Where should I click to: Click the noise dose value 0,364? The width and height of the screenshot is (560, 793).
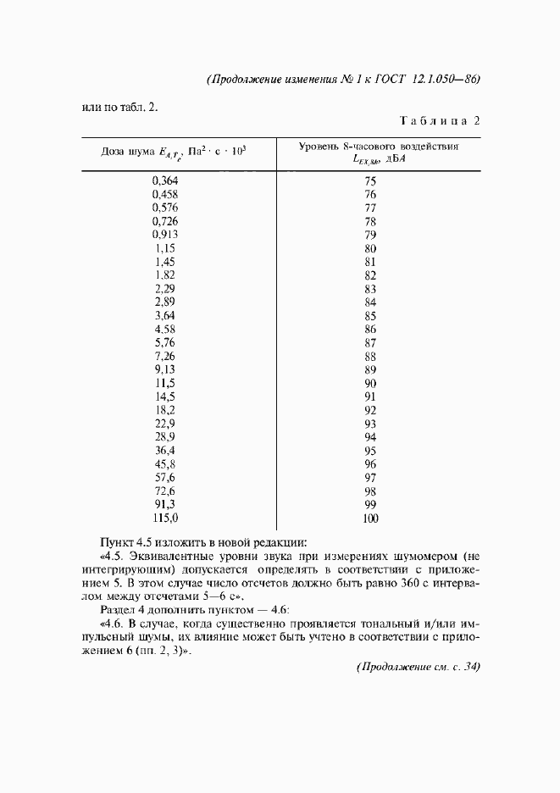pos(165,180)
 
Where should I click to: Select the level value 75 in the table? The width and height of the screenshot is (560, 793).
pos(369,180)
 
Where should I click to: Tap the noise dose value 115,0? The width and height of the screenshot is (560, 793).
pos(165,518)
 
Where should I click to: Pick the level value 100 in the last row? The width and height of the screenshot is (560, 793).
pos(369,518)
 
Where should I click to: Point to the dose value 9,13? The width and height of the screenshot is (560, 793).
pos(165,369)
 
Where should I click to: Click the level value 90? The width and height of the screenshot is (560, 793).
pos(369,383)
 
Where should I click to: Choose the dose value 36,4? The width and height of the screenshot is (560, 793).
pos(165,451)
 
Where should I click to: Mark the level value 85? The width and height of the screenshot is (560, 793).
pos(369,316)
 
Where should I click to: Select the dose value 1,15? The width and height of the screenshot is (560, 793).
pos(165,248)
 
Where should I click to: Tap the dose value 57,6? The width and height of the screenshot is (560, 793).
pos(165,478)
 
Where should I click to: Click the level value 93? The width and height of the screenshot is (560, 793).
pos(369,424)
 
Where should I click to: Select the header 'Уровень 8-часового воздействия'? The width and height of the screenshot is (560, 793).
pos(378,146)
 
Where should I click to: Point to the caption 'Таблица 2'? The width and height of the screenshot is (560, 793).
pos(441,120)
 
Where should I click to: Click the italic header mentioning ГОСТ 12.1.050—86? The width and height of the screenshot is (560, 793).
pos(343,79)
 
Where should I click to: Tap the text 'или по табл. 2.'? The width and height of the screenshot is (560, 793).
pos(119,107)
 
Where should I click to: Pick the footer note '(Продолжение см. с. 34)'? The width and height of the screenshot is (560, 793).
pos(417,668)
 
